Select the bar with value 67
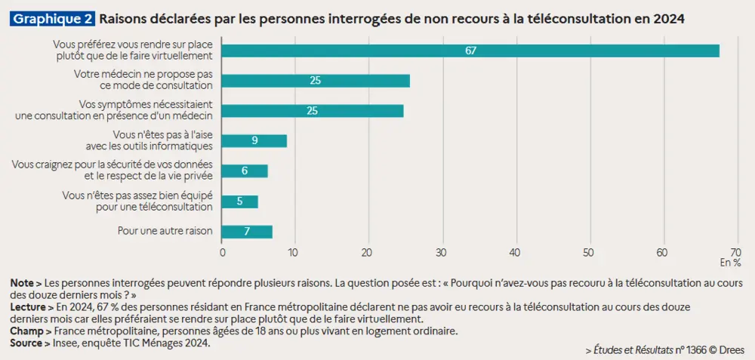pos(470,51)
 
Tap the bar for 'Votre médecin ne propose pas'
pos(316,81)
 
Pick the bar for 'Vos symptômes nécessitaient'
pos(313,111)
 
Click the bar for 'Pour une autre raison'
pos(247,232)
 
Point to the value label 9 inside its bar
pos(254,141)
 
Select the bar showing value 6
pos(245,171)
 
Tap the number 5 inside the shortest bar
pos(240,202)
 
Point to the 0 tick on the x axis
pos(222,251)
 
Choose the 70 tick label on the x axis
pos(735,251)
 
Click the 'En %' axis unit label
pos(730,263)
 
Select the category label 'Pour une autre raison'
pos(165,231)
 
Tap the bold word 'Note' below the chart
pos(22,282)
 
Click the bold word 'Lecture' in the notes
pos(28,308)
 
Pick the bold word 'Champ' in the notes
pos(26,331)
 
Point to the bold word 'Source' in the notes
pos(27,343)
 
